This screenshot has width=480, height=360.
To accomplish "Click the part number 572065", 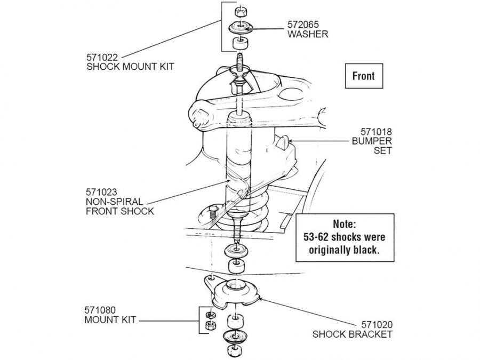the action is [x=303, y=24].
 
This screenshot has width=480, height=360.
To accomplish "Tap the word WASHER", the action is [x=308, y=34].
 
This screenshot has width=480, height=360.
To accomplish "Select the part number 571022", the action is [x=102, y=57].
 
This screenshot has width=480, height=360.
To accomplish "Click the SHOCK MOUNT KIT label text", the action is [x=130, y=67].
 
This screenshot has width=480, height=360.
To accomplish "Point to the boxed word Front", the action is [x=364, y=76].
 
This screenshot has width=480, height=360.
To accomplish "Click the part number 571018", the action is [x=376, y=132].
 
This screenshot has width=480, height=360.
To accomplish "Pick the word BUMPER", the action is [x=372, y=141].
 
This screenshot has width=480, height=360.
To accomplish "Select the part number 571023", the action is [x=101, y=192].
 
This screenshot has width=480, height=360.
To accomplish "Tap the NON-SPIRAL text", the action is [x=115, y=202].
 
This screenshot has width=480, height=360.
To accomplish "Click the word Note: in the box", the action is [x=345, y=224].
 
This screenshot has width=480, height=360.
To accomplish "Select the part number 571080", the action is [x=100, y=310].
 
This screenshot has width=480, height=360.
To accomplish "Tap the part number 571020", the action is [x=377, y=324].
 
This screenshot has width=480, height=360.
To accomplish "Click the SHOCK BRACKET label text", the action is [x=353, y=334].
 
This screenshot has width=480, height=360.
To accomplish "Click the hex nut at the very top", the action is [x=241, y=12].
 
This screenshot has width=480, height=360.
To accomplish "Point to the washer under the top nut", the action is [x=241, y=27].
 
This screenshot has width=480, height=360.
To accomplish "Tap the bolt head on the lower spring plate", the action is [x=213, y=212].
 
